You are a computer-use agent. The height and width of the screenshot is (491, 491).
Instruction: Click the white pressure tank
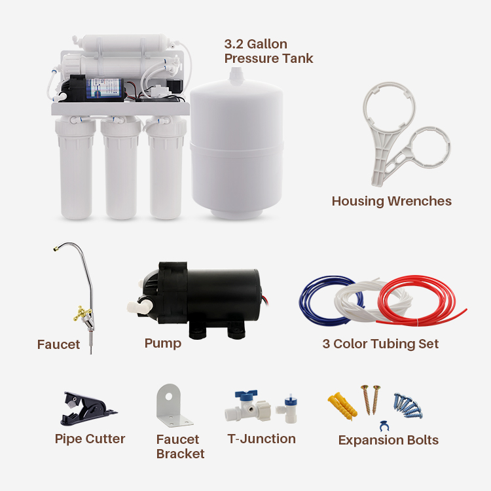[x=237, y=147]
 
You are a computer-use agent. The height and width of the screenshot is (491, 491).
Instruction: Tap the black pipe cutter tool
[x=88, y=409]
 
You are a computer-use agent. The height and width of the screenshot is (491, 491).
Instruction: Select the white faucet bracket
[x=173, y=405]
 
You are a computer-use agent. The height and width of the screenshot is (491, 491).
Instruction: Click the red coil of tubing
[x=416, y=300]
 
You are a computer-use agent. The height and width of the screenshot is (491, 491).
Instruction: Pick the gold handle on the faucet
[x=82, y=314]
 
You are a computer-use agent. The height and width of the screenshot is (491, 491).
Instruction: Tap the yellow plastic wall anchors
[x=342, y=405]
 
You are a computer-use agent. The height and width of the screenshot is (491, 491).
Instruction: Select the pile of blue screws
[x=408, y=405]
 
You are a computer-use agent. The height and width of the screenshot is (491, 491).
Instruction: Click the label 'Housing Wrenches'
[x=391, y=202]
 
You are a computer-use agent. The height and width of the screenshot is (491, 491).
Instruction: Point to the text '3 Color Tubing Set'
[x=380, y=344]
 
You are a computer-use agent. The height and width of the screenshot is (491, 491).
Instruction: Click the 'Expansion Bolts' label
[x=388, y=441]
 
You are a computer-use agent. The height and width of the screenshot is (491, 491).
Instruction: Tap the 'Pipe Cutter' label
[x=90, y=439]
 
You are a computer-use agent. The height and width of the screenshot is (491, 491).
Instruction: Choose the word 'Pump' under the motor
[x=163, y=344]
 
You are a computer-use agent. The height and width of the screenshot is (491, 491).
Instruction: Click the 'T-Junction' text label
[x=261, y=439]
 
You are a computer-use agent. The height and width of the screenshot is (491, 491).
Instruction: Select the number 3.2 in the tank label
[x=234, y=44]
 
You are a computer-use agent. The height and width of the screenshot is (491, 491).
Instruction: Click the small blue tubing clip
[x=384, y=426]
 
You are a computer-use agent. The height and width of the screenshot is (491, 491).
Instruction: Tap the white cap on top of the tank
[x=236, y=75]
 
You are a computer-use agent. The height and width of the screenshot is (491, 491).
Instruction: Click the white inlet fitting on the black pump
[x=136, y=305]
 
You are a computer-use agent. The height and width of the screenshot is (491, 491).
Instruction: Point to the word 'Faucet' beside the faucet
[x=58, y=344]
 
